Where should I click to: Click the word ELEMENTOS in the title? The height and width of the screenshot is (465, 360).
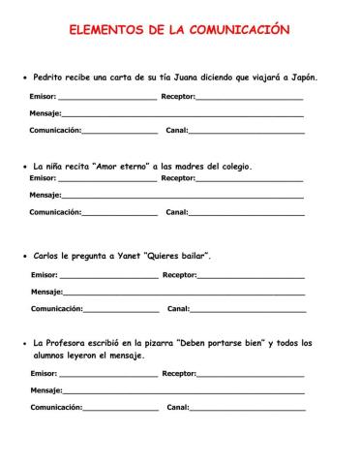[x=106, y=30]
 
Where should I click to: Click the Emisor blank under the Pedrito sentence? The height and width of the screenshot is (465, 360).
[x=107, y=97]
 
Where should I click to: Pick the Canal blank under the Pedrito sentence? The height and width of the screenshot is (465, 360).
[x=247, y=130]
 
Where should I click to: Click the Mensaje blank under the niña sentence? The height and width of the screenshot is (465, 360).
[x=183, y=195]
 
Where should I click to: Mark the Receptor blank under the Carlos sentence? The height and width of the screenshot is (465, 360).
[x=252, y=275]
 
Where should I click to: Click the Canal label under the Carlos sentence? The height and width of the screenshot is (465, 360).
[x=178, y=309]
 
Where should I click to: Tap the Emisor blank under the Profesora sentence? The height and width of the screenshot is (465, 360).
[x=108, y=373]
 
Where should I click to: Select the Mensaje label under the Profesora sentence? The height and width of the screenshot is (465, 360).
[x=45, y=390]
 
